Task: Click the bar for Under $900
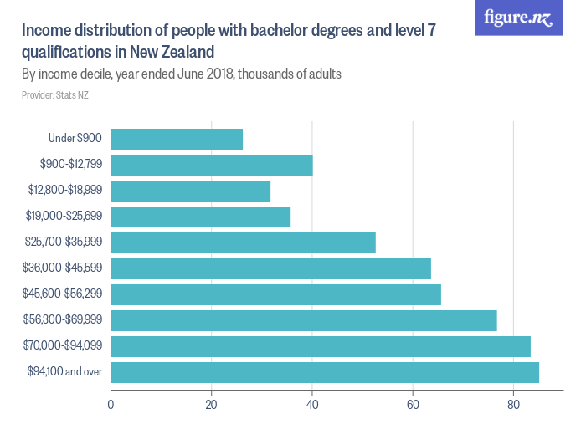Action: click(x=177, y=139)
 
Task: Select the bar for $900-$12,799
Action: click(x=212, y=165)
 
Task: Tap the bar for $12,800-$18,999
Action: click(x=191, y=191)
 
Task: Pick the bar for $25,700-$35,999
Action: click(x=243, y=242)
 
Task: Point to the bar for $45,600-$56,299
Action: click(x=275, y=294)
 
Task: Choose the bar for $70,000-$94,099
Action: click(x=321, y=346)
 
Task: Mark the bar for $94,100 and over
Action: click(x=325, y=372)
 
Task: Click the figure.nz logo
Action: click(x=518, y=18)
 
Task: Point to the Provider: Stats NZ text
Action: click(x=55, y=95)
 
